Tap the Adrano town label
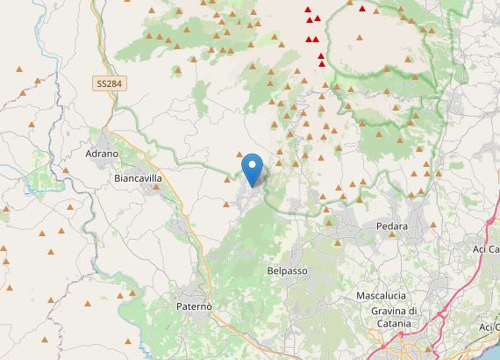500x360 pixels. (x=102, y=154)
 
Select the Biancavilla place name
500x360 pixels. (x=139, y=176)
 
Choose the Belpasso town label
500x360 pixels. (x=287, y=271)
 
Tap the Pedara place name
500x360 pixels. (x=395, y=226)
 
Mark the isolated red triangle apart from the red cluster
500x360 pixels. (x=362, y=8)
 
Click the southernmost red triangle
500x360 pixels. (x=323, y=63)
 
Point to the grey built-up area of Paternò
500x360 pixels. (x=189, y=294)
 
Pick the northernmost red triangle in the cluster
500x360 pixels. (x=309, y=10)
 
